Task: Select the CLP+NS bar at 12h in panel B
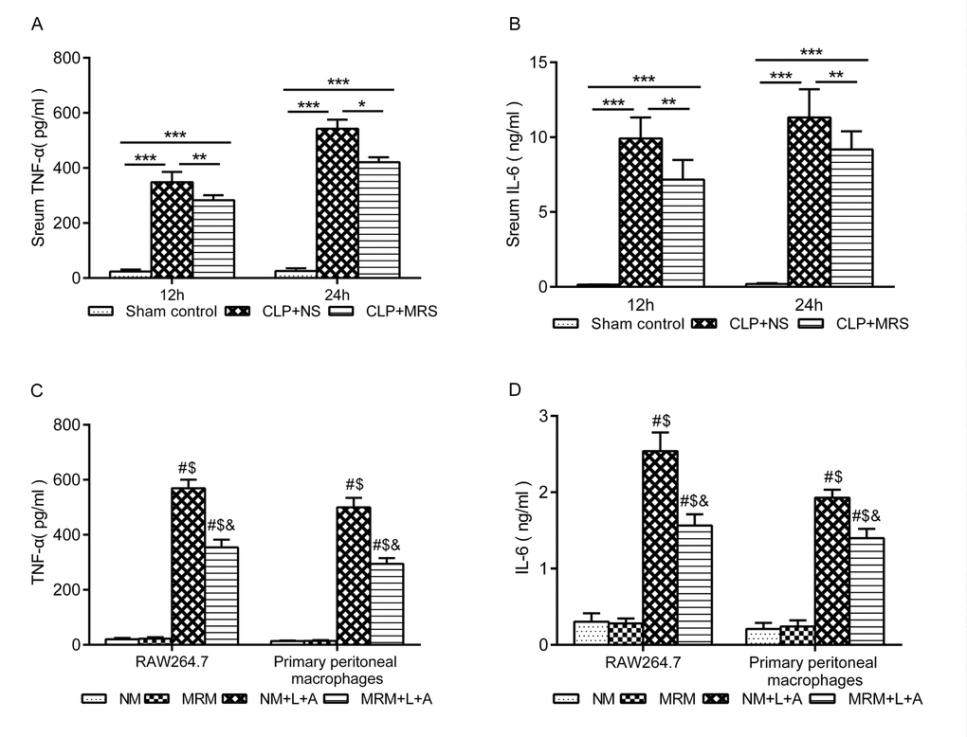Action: pyautogui.click(x=641, y=212)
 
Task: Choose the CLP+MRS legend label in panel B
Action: pyautogui.click(x=873, y=324)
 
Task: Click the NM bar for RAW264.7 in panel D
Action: pyautogui.click(x=591, y=633)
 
